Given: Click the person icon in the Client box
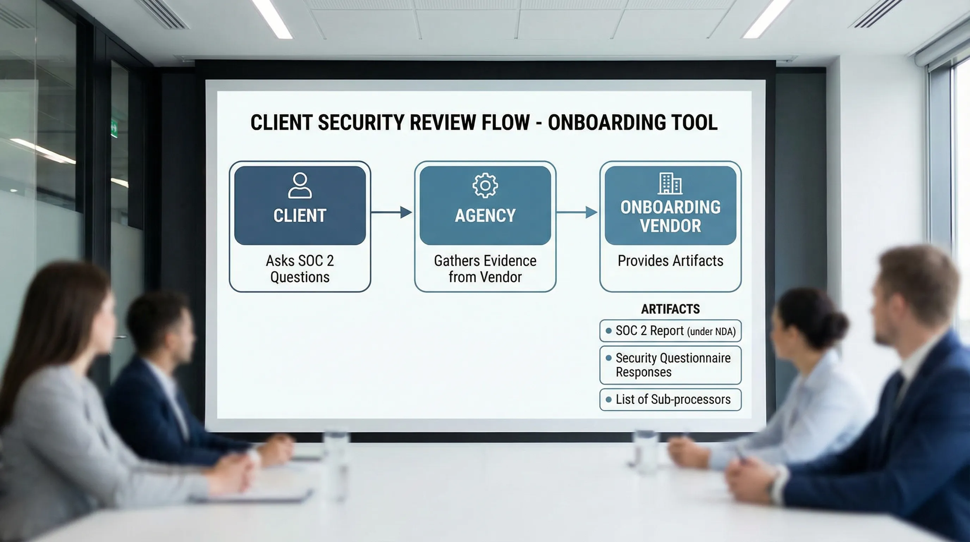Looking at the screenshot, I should [300, 186].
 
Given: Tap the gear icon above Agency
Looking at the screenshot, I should [485, 186].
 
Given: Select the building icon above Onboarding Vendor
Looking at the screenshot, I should [670, 183].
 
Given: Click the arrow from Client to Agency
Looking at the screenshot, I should [392, 212].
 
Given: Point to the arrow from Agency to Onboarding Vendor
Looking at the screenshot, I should [577, 212].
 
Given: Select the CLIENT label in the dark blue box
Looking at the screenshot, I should [300, 216].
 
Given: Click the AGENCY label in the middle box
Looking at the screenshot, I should [485, 216].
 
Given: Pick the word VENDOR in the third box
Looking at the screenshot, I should [670, 226].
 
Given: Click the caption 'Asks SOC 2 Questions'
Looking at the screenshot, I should [300, 269].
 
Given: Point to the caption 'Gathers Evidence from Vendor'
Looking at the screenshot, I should [485, 269].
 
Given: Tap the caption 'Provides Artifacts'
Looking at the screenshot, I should [670, 261].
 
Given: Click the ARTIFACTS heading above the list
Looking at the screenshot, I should [670, 309].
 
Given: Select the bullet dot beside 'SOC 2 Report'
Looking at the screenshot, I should [608, 331].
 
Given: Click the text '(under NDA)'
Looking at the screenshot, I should [711, 332].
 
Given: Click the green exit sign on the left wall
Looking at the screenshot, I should [114, 129].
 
